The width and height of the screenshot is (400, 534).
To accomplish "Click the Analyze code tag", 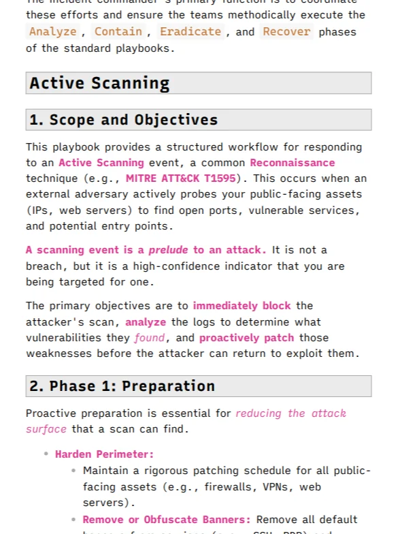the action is pos(52,31).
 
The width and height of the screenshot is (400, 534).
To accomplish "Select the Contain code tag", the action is pos(118,31).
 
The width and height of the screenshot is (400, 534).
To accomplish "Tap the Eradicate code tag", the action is pos(190,31).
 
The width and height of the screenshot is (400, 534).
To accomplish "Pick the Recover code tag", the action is pos(286,31).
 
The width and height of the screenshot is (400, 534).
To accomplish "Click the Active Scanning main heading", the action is pos(99,83).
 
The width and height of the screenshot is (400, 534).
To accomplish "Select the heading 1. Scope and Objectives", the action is pos(123,120).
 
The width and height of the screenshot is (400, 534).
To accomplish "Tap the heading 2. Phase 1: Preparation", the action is pos(122,386).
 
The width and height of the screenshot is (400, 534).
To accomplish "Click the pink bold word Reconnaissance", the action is pos(293,163).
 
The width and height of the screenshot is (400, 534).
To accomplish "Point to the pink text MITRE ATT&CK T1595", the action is pos(180,178).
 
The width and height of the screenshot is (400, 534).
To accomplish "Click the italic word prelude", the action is pos(168,250).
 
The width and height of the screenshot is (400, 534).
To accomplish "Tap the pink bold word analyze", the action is pos(146,321).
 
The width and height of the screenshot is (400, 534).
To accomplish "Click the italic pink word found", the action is pos(149,338).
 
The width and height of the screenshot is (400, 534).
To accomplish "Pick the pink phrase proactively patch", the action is pos(246,338).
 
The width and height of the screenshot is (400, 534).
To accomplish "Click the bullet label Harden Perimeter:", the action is pos(104,454).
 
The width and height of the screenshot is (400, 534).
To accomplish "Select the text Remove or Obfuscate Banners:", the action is pos(166,520).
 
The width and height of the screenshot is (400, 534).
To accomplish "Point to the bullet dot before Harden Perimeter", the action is pos(46,454).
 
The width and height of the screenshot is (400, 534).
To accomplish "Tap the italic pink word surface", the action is pos(46,429).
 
